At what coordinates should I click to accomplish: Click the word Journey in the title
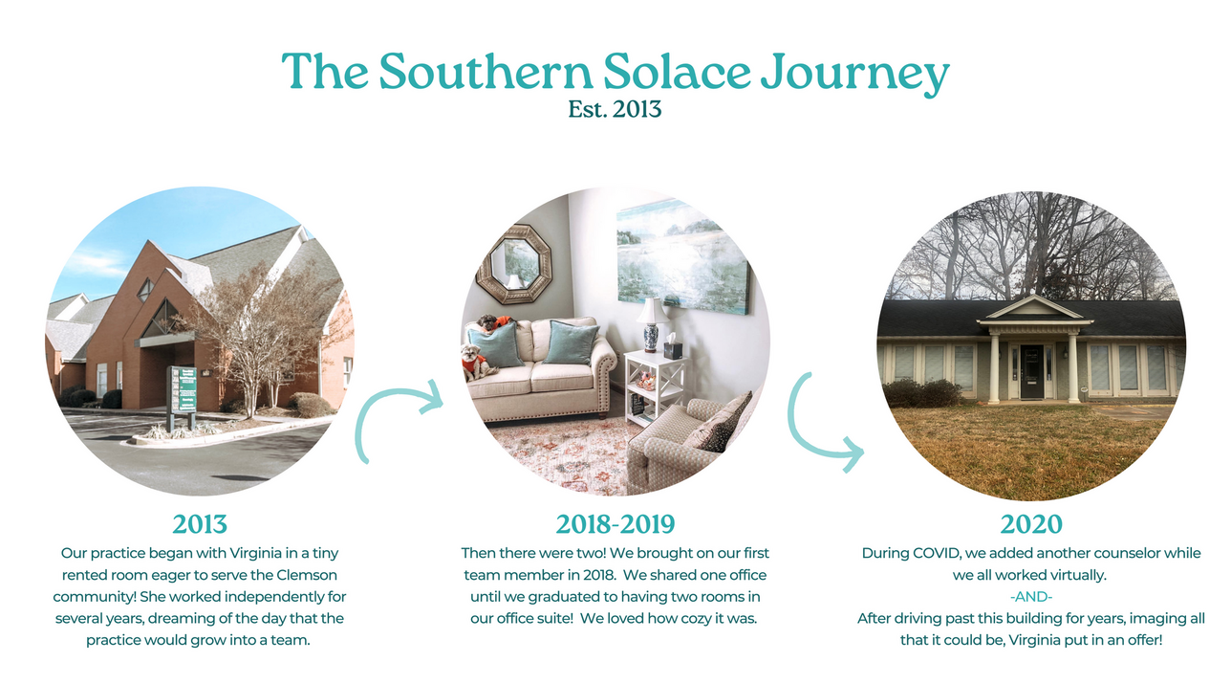pyautogui.click(x=855, y=74)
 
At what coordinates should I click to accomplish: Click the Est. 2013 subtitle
pyautogui.click(x=615, y=109)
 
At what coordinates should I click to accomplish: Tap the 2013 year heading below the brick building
pyautogui.click(x=200, y=524)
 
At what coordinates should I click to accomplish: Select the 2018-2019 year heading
pyautogui.click(x=615, y=524)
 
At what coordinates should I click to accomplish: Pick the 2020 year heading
pyautogui.click(x=1031, y=524)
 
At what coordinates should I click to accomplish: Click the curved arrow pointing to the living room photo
pyautogui.click(x=384, y=402)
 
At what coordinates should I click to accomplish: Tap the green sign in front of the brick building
pyautogui.click(x=182, y=389)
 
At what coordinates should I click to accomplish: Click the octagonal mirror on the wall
pyautogui.click(x=514, y=264)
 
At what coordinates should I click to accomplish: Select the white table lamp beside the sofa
pyautogui.click(x=652, y=324)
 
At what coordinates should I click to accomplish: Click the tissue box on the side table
pyautogui.click(x=673, y=347)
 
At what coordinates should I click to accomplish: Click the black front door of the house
pyautogui.click(x=1031, y=372)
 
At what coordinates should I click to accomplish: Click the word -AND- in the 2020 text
pyautogui.click(x=1031, y=597)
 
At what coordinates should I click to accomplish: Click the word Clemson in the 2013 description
pyautogui.click(x=306, y=575)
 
